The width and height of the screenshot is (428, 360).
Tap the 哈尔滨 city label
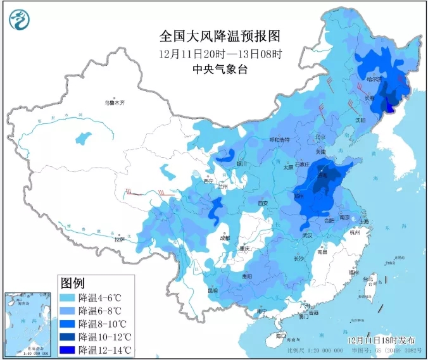point(374,80)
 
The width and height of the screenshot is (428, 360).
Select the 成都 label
point(225,238)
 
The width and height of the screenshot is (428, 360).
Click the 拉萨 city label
point(119,240)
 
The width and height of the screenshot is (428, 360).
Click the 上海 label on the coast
point(363,221)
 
